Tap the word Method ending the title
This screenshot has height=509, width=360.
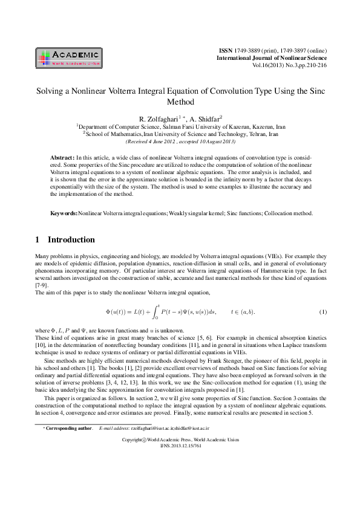click(180, 102)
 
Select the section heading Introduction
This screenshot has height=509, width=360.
click(71, 239)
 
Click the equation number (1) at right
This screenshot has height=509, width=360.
click(322, 312)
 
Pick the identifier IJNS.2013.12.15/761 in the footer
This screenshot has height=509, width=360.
click(179, 481)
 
